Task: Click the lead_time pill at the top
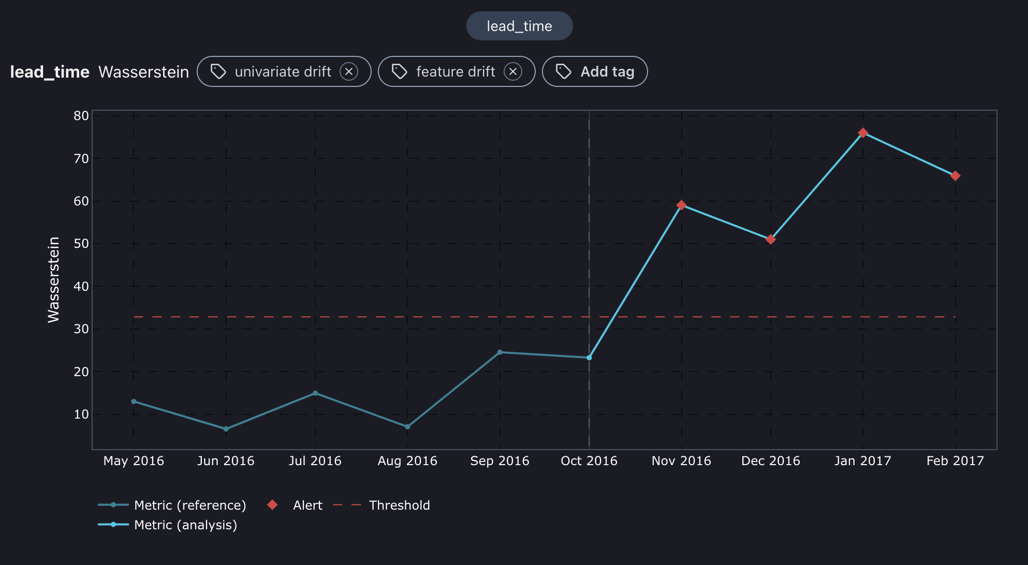(x=519, y=26)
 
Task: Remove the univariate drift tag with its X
(x=349, y=71)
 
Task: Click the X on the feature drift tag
(x=512, y=71)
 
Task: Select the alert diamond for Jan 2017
(x=863, y=133)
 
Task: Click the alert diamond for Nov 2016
(x=681, y=205)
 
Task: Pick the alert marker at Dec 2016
(x=771, y=240)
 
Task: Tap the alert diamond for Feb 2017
(x=955, y=176)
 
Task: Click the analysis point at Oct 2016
(x=589, y=358)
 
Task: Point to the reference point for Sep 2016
(x=500, y=352)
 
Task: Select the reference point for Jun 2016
(x=226, y=429)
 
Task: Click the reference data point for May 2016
(x=134, y=402)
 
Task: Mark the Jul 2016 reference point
(x=315, y=393)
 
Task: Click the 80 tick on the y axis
(x=81, y=116)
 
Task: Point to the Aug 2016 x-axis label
(x=407, y=460)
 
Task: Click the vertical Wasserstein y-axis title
(x=54, y=279)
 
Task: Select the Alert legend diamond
(x=272, y=505)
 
